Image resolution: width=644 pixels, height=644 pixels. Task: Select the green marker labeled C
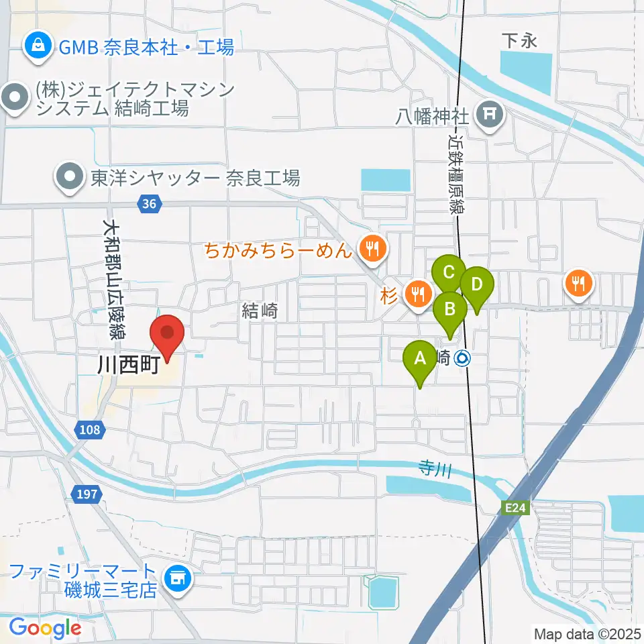pos(449,274)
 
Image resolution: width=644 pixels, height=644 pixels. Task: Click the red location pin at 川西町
pos(166,333)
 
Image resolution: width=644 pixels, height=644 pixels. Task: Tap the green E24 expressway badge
pos(516,508)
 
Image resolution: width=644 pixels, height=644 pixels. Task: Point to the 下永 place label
pos(520,41)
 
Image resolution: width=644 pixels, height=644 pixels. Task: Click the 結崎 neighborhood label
pos(260,310)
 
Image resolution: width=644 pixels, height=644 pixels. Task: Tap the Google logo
pos(45,629)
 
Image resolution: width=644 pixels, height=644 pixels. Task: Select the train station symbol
pos(463,359)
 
